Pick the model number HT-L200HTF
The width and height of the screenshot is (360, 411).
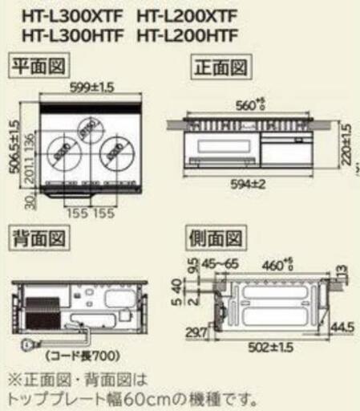click(x=189, y=35)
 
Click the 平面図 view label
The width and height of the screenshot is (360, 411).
click(x=37, y=65)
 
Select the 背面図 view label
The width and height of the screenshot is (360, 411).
click(x=37, y=238)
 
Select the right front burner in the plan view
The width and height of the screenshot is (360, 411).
click(x=118, y=152)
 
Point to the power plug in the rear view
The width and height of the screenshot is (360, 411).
click(x=26, y=346)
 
